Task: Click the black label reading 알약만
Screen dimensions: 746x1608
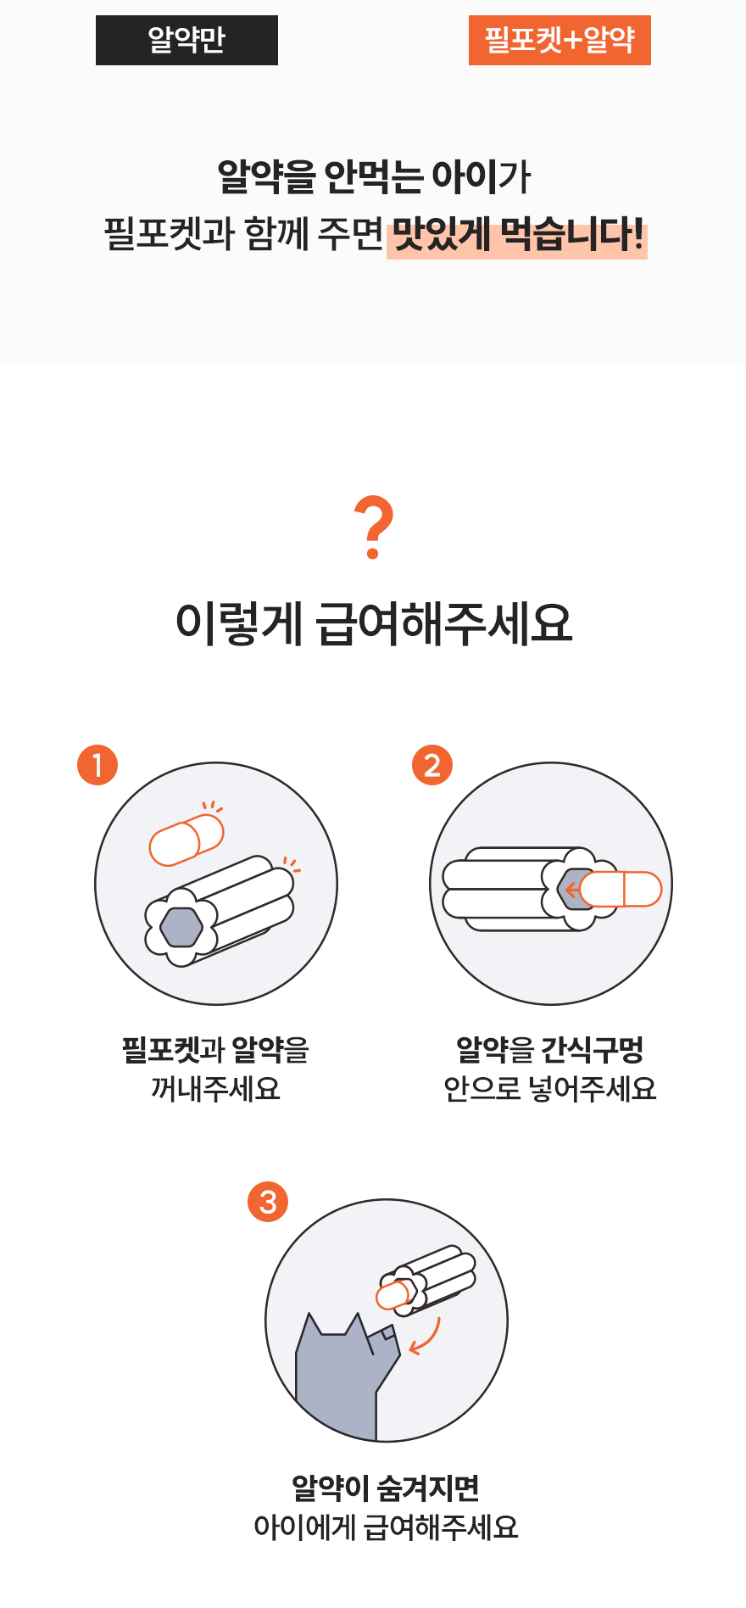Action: tap(186, 40)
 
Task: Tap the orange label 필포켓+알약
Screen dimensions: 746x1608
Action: tap(559, 40)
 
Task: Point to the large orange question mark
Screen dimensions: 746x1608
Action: tap(374, 528)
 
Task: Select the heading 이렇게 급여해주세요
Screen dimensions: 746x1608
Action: tap(374, 623)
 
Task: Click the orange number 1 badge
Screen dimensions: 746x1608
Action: tap(97, 765)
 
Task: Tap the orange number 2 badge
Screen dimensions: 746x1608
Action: tap(432, 765)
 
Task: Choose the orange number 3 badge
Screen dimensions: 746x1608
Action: tap(268, 1202)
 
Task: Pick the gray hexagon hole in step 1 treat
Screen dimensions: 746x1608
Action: tap(181, 927)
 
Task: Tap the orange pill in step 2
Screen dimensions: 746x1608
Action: tap(621, 889)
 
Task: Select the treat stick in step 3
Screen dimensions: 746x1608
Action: tap(426, 1280)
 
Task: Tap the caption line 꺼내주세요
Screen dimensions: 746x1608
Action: tap(215, 1088)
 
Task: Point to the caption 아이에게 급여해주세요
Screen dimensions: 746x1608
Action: tap(386, 1527)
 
